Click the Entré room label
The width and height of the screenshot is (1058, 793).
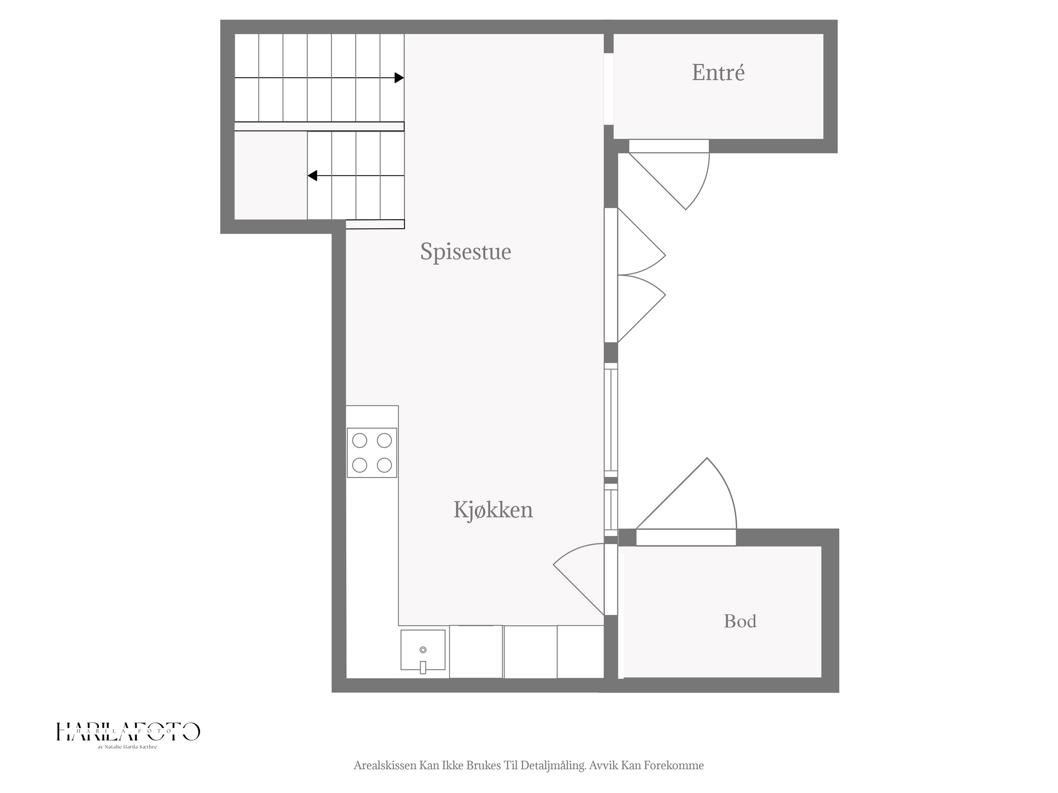(718, 73)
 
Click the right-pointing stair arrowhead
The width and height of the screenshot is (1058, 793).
(399, 77)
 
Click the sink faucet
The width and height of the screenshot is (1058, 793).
(423, 667)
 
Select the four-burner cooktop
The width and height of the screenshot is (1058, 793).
(372, 453)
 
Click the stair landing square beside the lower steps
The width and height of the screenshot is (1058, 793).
(271, 175)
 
